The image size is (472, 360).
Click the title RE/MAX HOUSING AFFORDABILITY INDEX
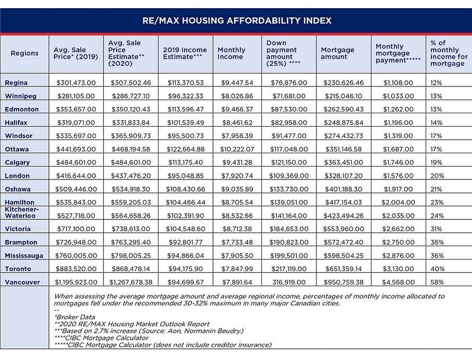tap(237, 20)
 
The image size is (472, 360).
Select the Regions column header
tap(24, 53)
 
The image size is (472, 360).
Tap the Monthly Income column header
tap(231, 53)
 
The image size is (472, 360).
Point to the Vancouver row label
tap(22, 282)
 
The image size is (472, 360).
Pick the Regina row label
tap(16, 83)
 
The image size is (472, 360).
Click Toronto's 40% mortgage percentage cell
tap(437, 269)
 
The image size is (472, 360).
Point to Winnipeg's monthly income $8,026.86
tap(237, 96)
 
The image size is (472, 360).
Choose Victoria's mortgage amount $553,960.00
tap(343, 229)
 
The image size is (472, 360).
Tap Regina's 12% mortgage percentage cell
tap(436, 83)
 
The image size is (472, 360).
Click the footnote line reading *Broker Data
tap(73, 317)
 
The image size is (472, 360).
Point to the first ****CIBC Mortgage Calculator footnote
tap(103, 338)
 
